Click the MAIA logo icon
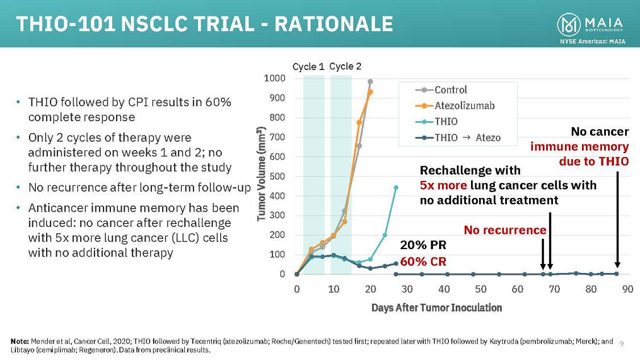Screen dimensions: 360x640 pyautogui.click(x=570, y=24)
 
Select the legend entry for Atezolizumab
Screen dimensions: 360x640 pyautogui.click(x=460, y=105)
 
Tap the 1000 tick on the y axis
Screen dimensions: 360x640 pyautogui.click(x=275, y=78)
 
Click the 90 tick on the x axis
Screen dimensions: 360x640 pyautogui.click(x=627, y=289)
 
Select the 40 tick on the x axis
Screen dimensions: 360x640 pyautogui.click(x=444, y=289)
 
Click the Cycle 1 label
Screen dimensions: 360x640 pyautogui.click(x=308, y=67)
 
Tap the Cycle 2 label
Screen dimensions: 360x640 pyautogui.click(x=345, y=67)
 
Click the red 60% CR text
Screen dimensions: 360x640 pyautogui.click(x=423, y=262)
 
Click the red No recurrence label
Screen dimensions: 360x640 pyautogui.click(x=505, y=230)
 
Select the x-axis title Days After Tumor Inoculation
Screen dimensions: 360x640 pyautogui.click(x=436, y=308)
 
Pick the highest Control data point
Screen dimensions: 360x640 pyautogui.click(x=370, y=82)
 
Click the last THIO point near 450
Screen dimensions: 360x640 pyautogui.click(x=396, y=187)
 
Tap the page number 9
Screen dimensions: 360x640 pyautogui.click(x=622, y=343)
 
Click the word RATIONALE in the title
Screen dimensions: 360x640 pyautogui.click(x=335, y=24)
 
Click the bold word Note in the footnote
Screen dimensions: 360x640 pyautogui.click(x=19, y=341)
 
